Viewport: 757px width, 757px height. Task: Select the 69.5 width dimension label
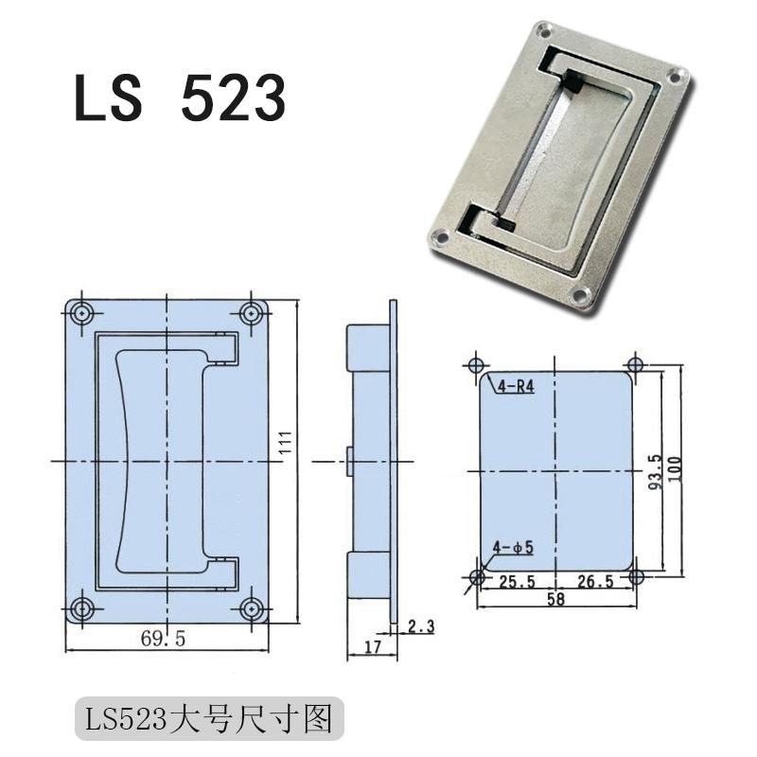coord(164,639)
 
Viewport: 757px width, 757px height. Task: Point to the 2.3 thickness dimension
coord(420,625)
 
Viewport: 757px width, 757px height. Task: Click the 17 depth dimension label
coord(372,649)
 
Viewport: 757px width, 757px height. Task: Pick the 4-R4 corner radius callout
coord(515,386)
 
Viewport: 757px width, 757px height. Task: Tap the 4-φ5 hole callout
coord(514,547)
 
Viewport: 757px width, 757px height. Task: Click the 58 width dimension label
coord(555,600)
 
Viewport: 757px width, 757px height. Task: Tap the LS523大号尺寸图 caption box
coord(208,719)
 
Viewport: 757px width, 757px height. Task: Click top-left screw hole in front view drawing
coord(83,313)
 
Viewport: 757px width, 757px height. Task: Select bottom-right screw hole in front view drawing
coord(251,608)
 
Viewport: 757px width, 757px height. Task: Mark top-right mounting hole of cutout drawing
coord(634,365)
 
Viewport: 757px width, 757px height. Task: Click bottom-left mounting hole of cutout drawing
coord(478,576)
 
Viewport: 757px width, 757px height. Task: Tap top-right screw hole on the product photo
coord(678,74)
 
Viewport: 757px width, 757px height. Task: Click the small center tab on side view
coord(349,461)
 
